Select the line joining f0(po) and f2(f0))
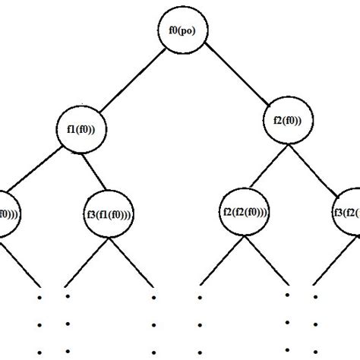(232, 74)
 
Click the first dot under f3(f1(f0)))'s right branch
(154, 297)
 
